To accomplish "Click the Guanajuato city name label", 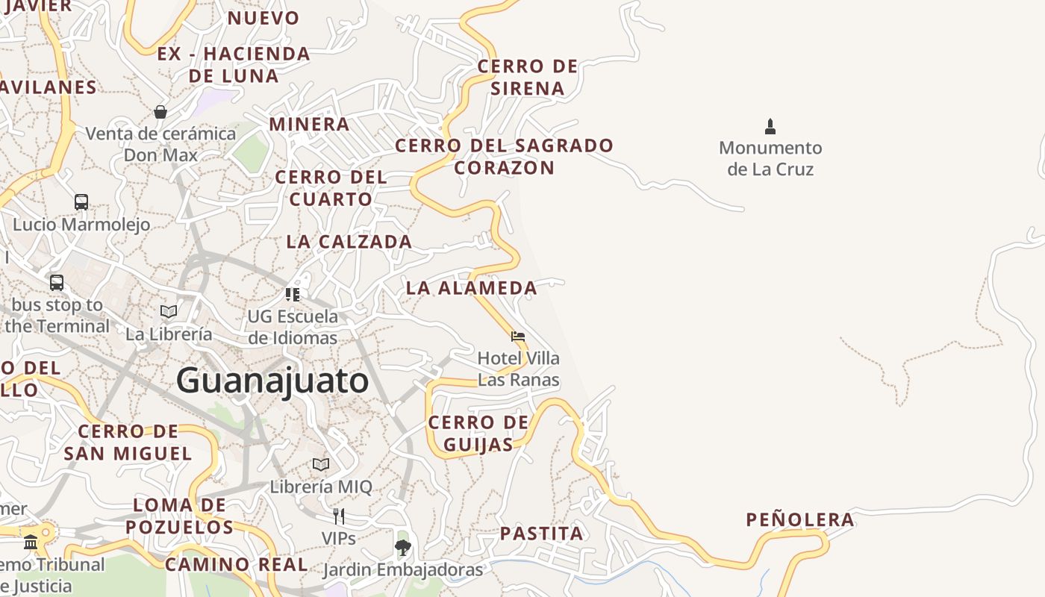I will coord(272,381).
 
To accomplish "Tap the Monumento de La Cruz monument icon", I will coord(770,126).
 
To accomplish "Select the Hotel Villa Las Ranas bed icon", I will coord(518,337).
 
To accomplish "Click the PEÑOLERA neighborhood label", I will coord(800,520).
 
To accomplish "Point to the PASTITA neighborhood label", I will coord(541,534).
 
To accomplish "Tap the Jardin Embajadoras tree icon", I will coord(403,548).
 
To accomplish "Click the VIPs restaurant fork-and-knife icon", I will coord(338,516).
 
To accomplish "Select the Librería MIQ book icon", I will coord(321,464).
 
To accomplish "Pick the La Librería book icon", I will coord(169,311).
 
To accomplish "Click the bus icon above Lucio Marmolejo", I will coord(81,202).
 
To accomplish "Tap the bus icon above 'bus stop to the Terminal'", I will coord(57,283).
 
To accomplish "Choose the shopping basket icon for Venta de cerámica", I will coord(160,112).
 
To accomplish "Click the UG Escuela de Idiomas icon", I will coord(293,295).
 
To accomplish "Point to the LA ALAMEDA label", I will coord(471,288).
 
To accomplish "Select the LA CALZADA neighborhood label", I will coord(349,242).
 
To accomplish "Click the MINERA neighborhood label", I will coord(309,124).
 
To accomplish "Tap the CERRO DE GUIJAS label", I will coord(478,434).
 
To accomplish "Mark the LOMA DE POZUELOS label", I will coord(179,516).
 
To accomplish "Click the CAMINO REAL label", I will coord(236,564).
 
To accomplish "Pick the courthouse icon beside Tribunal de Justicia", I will coord(31,542).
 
